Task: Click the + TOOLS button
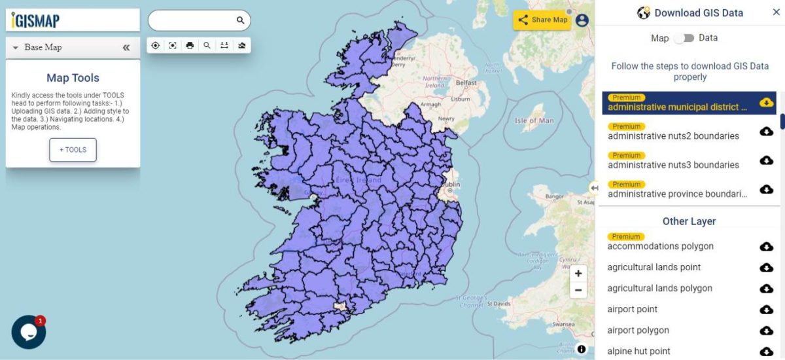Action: click(73, 150)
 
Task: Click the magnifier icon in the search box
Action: click(240, 20)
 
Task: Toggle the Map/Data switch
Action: click(684, 38)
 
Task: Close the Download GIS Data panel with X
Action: click(776, 12)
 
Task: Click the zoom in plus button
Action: click(578, 274)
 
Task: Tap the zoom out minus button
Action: click(578, 290)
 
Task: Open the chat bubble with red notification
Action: click(29, 332)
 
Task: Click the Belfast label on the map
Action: click(466, 83)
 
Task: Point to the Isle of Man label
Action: click(534, 120)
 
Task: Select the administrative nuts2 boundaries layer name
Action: click(673, 136)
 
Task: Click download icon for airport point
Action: click(766, 310)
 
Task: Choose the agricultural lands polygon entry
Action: click(659, 288)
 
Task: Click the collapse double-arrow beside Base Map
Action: click(126, 48)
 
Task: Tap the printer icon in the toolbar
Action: click(190, 45)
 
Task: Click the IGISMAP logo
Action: click(36, 20)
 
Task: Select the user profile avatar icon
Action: click(582, 20)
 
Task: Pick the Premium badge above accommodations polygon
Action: click(626, 236)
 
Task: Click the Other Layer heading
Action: click(689, 221)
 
